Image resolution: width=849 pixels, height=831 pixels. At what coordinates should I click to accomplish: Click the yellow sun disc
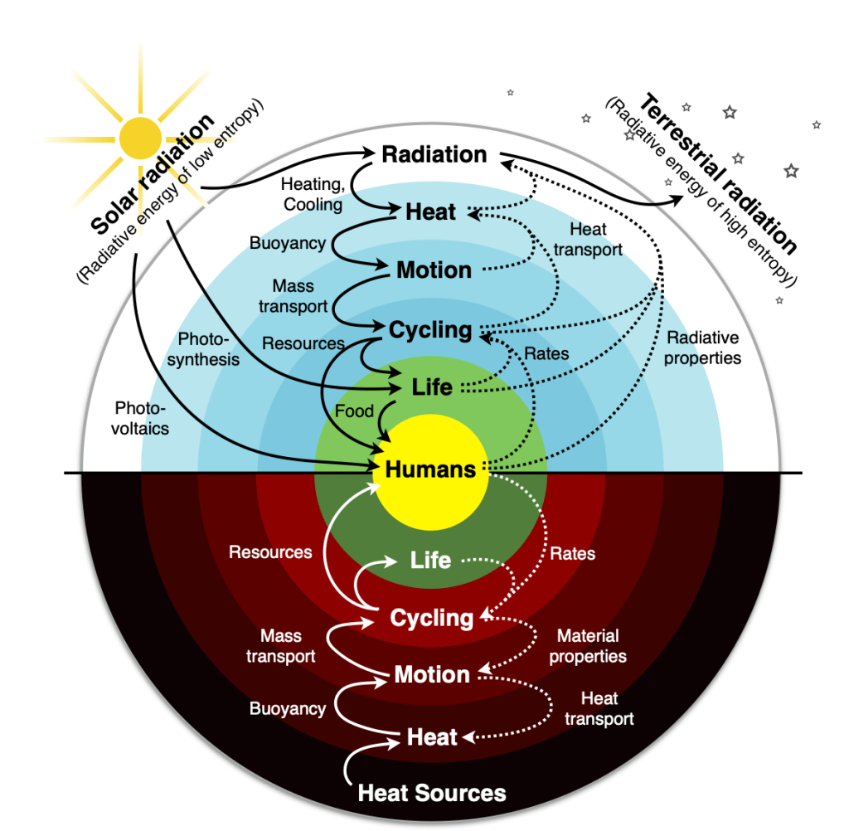pyautogui.click(x=140, y=138)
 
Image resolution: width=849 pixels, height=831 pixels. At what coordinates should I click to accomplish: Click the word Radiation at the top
pyautogui.click(x=434, y=155)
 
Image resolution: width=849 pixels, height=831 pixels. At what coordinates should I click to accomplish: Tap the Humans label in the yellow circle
pyautogui.click(x=430, y=469)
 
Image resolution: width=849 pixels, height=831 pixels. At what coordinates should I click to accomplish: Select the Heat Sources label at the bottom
pyautogui.click(x=431, y=793)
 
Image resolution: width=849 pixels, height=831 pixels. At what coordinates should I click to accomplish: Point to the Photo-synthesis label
pyautogui.click(x=208, y=349)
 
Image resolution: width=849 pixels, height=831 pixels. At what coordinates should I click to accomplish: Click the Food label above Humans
pyautogui.click(x=354, y=411)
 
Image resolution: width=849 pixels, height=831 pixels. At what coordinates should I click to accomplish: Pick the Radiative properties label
pyautogui.click(x=703, y=348)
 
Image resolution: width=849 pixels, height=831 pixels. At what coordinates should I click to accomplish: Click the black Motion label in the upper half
pyautogui.click(x=434, y=270)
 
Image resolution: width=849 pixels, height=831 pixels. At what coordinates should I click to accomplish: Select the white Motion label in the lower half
pyautogui.click(x=432, y=675)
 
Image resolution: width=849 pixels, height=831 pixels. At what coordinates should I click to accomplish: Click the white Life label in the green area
pyautogui.click(x=430, y=561)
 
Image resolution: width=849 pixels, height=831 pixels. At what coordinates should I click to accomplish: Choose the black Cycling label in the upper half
pyautogui.click(x=430, y=330)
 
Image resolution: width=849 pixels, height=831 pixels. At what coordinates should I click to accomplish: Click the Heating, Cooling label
pyautogui.click(x=311, y=193)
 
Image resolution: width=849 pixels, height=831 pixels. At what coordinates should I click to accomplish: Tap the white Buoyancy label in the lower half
pyautogui.click(x=288, y=709)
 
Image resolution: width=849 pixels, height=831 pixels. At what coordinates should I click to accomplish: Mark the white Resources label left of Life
pyautogui.click(x=270, y=552)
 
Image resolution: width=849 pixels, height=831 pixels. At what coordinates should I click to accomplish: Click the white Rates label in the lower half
pyautogui.click(x=573, y=552)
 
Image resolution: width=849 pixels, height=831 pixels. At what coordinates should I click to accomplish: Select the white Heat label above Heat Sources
pyautogui.click(x=432, y=737)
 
